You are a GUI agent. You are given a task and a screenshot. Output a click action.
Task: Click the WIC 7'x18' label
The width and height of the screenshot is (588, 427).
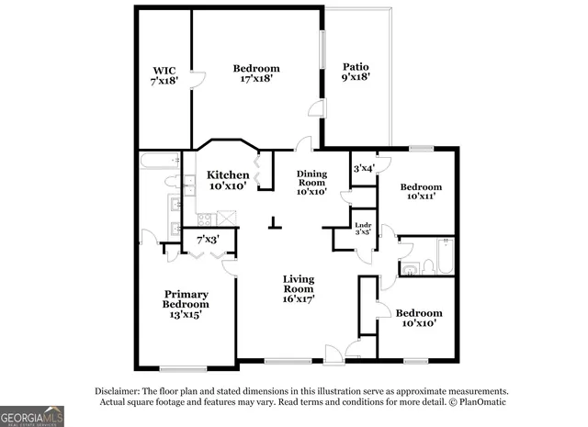[164, 74]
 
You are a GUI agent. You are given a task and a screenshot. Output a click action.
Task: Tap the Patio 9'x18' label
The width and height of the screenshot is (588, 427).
[356, 73]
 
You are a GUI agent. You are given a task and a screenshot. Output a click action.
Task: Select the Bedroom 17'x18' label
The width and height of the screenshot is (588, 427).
[255, 73]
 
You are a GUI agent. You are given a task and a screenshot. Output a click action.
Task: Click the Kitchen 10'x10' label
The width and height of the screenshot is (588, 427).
[227, 180]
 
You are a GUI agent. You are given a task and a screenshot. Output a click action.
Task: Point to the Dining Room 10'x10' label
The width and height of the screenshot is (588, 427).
[311, 183]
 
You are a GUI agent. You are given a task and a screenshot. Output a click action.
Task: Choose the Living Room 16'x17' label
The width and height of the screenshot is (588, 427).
[299, 288]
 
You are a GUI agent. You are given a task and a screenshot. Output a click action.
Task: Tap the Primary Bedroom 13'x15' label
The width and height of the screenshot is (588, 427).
[186, 304]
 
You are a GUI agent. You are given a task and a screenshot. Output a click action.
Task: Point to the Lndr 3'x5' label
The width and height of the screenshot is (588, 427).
[363, 228]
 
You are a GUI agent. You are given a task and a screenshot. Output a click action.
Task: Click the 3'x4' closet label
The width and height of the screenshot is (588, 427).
[363, 168]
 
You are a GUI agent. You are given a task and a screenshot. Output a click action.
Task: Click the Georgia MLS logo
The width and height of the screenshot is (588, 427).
[32, 416]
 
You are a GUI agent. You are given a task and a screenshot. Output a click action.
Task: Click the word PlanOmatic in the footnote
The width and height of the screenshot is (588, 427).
[482, 401]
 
